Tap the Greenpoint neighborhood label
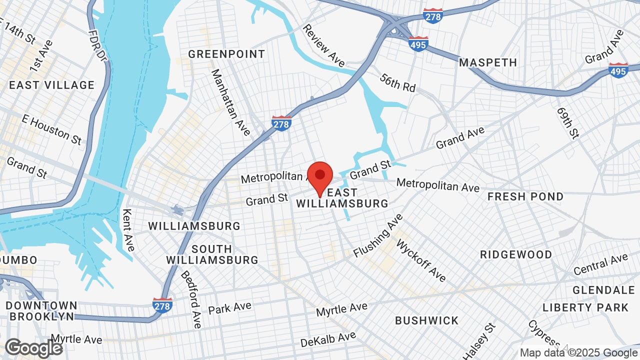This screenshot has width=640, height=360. click(226, 54)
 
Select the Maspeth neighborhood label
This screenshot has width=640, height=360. click(488, 62)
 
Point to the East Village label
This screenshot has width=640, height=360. click(51, 85)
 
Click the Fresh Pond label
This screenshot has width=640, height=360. click(525, 196)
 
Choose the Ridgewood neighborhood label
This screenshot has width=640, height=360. click(516, 254)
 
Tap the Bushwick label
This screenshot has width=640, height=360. click(426, 320)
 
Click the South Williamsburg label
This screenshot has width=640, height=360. click(212, 254)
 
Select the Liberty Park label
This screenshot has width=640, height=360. click(585, 307)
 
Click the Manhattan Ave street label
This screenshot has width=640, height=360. click(230, 102)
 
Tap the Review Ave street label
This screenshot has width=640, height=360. click(324, 45)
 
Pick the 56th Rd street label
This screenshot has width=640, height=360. click(397, 82)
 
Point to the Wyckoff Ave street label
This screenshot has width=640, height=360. click(421, 260)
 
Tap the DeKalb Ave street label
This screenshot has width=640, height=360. click(328, 339)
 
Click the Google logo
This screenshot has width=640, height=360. click(34, 348)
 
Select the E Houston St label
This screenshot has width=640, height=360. click(51, 128)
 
